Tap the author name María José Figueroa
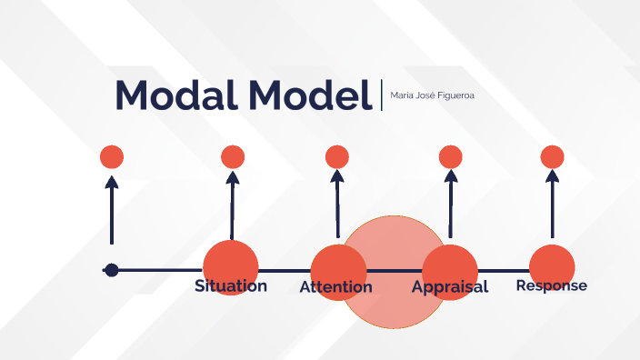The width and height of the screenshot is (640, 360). pos(425,95)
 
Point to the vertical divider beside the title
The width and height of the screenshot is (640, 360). pos(382,95)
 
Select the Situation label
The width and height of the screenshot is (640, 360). pos(231,286)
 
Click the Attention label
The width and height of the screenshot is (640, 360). pos(336,287)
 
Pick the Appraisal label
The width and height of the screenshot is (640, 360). pos(450,287)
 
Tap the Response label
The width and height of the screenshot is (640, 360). pos(552,285)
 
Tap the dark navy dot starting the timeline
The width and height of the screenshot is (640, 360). pos(112,270)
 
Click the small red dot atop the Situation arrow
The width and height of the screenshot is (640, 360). pos(233,157)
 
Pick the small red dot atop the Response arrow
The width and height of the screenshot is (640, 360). pos(553,157)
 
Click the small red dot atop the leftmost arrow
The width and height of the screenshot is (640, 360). pos(112,157)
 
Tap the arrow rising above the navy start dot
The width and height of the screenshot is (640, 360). pos(112,209)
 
